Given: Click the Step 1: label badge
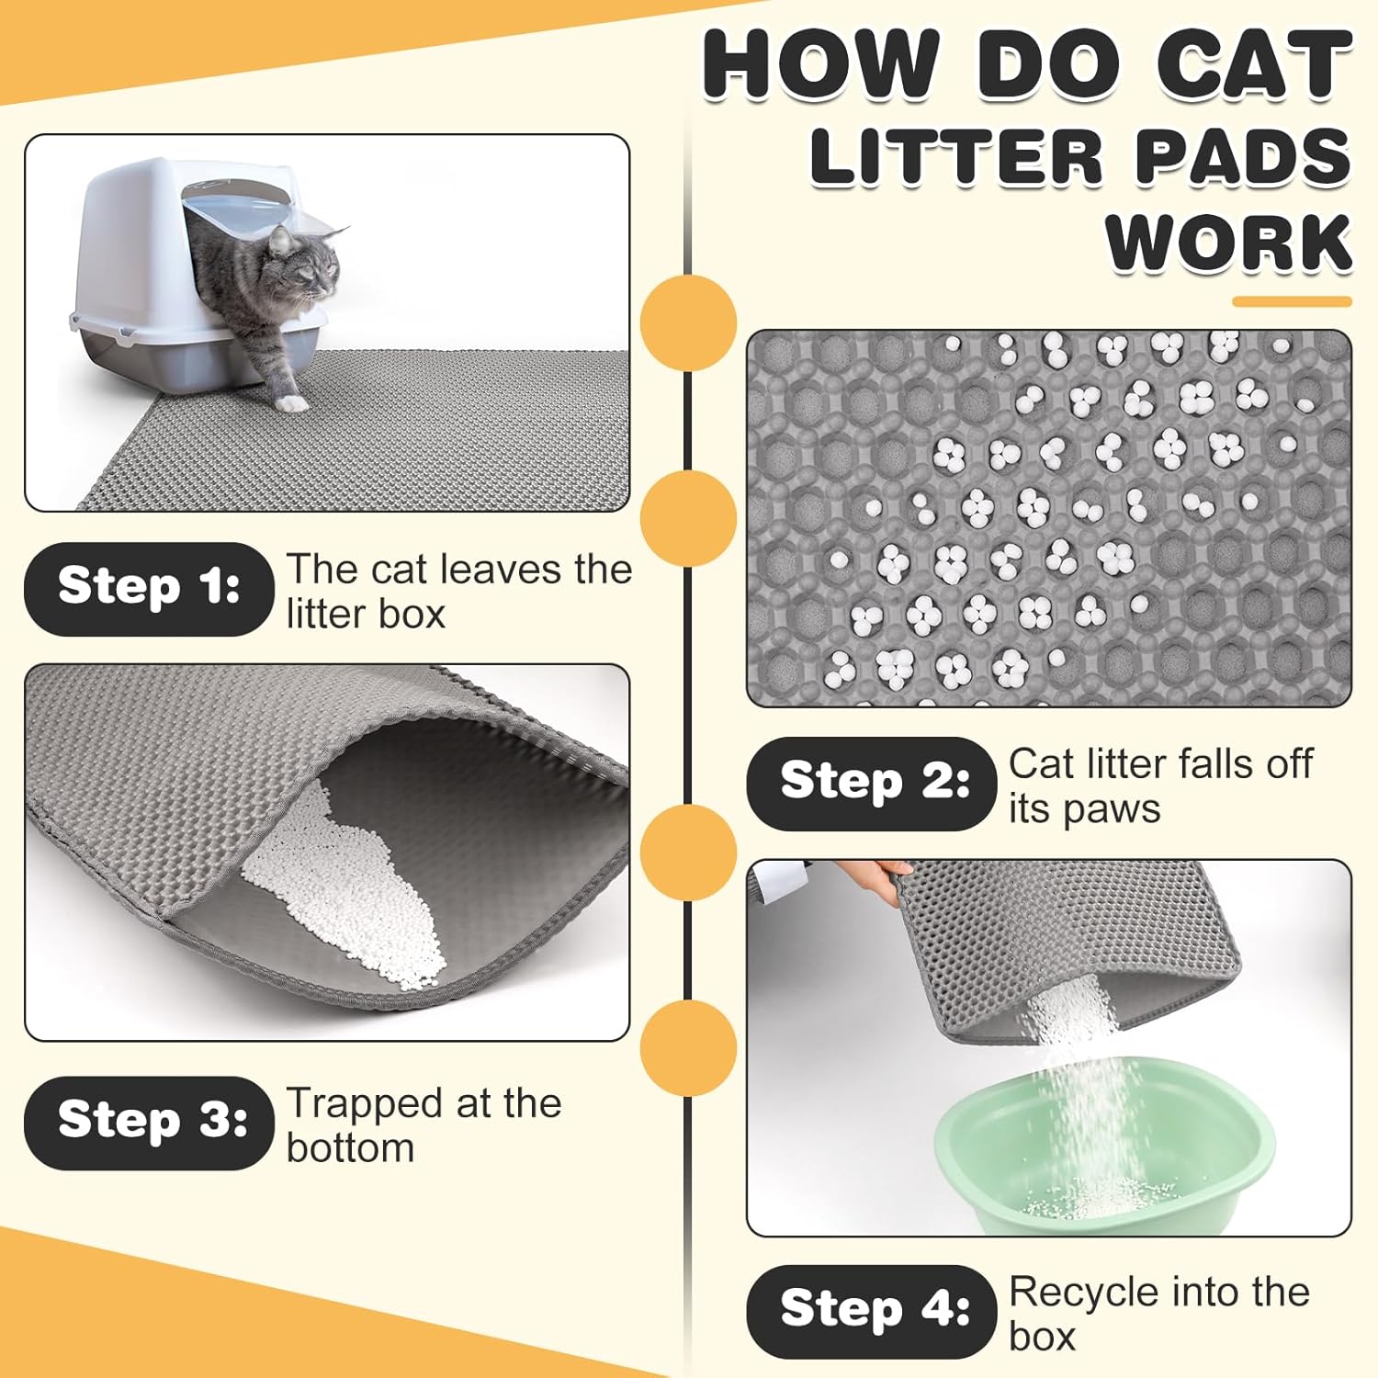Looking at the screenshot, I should point(149,588).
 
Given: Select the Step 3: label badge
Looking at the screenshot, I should point(149,1123).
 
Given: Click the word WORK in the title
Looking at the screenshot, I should point(1228,243).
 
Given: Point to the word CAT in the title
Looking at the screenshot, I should point(1253,66).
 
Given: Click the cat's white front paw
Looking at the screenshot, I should point(292,403).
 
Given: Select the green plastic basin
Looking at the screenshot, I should point(1102,1167).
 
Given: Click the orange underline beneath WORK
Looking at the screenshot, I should point(1292,301).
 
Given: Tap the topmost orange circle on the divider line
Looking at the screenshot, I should point(688,322).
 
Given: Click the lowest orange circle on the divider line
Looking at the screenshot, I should point(688,1048).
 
